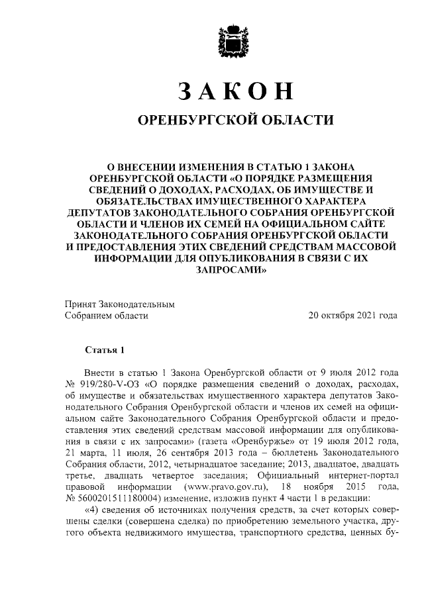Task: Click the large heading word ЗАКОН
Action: [231, 91]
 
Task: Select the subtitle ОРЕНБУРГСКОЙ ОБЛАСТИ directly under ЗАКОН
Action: [232, 120]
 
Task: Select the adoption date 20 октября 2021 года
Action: [353, 316]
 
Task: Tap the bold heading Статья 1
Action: [104, 349]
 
